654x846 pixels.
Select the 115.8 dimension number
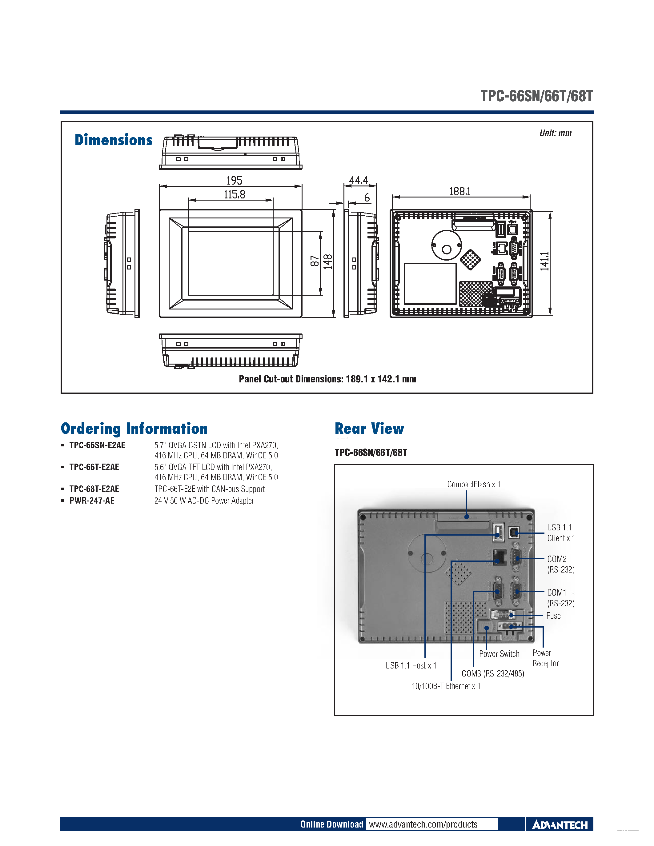(235, 194)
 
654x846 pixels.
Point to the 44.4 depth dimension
(358, 180)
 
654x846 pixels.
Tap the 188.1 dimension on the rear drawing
(459, 191)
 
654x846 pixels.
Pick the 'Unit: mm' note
(555, 133)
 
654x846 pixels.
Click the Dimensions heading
(114, 140)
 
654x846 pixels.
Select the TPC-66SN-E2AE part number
(97, 445)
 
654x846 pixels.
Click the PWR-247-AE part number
(92, 501)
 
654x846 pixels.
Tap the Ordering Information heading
(134, 429)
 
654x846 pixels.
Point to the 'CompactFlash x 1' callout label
(473, 484)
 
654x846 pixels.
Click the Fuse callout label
(553, 616)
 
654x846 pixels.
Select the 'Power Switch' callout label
(499, 654)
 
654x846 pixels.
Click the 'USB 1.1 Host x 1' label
(411, 665)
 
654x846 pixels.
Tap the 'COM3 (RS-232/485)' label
(493, 674)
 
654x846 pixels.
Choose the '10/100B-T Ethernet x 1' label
(446, 686)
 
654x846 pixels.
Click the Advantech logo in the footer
(560, 825)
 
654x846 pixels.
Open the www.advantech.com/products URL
(423, 824)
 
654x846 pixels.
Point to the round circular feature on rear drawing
(446, 245)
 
